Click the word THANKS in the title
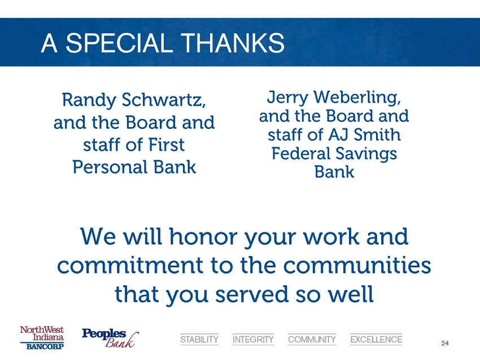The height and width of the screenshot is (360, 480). [232, 43]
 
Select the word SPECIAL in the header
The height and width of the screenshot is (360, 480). [118, 43]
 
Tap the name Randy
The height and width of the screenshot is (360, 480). [89, 101]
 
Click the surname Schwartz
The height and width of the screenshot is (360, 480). [164, 100]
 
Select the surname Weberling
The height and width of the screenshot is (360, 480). [357, 97]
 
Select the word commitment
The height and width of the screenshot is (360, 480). [130, 265]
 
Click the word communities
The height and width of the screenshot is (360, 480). [357, 265]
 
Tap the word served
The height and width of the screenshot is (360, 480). [252, 294]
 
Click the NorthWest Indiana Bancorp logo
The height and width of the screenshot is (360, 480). [42, 337]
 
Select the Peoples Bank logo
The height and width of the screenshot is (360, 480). [110, 338]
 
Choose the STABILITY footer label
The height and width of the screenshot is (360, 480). [199, 340]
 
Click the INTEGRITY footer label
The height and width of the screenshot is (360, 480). [253, 340]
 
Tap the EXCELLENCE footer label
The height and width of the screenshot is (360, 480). [376, 340]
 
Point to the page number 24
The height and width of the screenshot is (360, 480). [445, 343]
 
